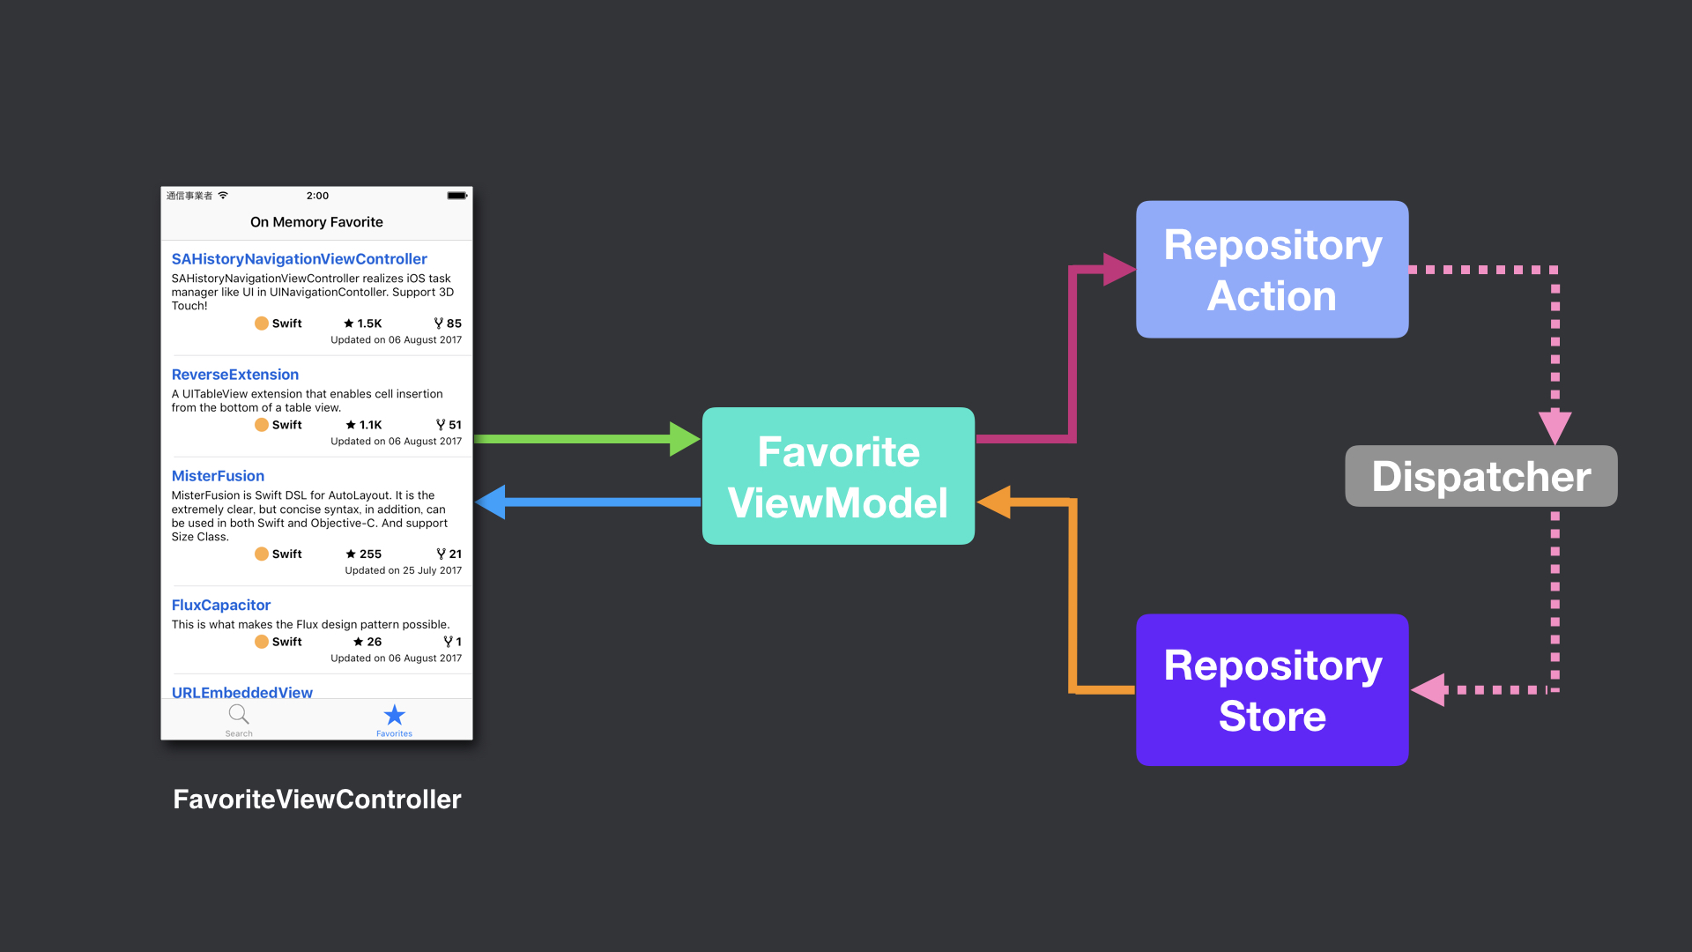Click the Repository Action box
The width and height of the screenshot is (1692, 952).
pos(1272,269)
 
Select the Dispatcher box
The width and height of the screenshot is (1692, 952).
pos(1480,476)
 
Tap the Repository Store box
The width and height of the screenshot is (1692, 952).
pos(1272,689)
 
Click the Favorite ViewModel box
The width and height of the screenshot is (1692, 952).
pos(838,476)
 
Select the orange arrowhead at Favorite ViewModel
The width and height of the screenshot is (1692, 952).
pos(994,502)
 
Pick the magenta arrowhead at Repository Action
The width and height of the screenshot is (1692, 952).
pos(1119,269)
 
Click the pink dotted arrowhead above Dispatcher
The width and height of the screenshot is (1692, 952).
pos(1555,428)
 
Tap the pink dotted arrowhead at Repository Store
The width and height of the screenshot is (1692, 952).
pos(1428,689)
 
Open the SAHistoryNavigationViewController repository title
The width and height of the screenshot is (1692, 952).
pos(299,258)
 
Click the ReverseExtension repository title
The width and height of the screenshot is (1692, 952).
pos(234,374)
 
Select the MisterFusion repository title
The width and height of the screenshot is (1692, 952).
pos(218,475)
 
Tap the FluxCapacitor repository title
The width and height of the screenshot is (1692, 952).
pos(220,605)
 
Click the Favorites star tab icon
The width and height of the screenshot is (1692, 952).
pos(394,714)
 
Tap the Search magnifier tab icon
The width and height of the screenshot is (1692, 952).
pos(238,714)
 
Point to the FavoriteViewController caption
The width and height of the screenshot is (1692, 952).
pos(316,799)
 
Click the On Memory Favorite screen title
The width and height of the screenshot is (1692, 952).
pos(316,222)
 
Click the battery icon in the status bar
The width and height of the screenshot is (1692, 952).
pos(456,196)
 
